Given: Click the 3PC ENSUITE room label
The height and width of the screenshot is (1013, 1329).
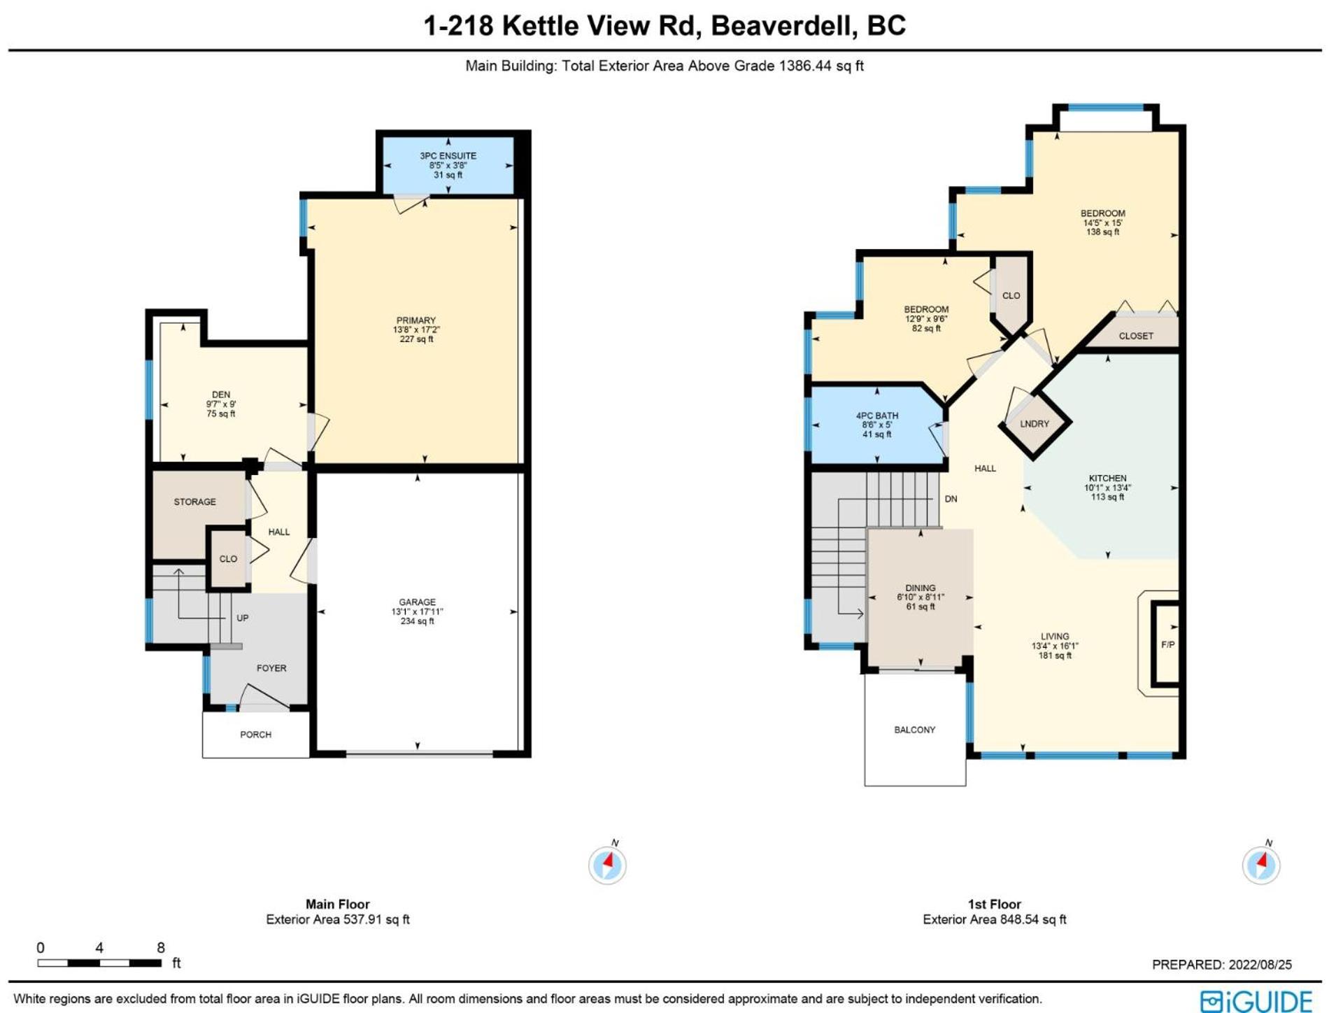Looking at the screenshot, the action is [x=448, y=156].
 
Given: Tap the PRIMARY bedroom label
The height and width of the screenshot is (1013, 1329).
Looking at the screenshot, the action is [x=416, y=320].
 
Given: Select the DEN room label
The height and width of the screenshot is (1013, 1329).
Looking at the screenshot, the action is [x=221, y=395].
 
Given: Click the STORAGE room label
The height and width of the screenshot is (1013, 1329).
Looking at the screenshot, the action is [x=194, y=502].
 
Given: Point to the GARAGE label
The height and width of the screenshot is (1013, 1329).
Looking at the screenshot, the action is [x=418, y=602].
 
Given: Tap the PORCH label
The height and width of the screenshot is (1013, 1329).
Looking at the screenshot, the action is [x=255, y=735].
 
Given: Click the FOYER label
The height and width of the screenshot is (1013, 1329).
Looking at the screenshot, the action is [x=271, y=668].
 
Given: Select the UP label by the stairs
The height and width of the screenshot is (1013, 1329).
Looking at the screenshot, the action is [x=243, y=618].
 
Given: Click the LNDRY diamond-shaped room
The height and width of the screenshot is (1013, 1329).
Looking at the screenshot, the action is [x=1035, y=424].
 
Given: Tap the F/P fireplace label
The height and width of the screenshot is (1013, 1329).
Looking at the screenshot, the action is [x=1167, y=644].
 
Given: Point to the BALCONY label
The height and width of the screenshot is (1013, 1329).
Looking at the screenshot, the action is [x=914, y=730].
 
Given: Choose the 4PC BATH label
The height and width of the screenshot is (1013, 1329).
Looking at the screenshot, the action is [x=877, y=416].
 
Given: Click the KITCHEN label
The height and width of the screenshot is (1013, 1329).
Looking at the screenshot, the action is [x=1107, y=479].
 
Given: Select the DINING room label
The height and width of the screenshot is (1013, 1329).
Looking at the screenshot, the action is [x=920, y=588].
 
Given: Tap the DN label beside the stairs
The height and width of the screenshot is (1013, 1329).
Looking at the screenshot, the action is [x=951, y=499].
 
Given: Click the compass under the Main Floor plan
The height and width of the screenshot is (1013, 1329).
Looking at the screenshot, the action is [x=607, y=865].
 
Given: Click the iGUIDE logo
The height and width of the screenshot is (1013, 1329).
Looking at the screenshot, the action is [x=1256, y=1000].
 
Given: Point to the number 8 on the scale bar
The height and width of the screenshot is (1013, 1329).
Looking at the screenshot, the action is [x=161, y=947].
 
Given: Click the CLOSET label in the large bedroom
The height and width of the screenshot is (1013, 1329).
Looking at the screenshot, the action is [x=1136, y=336].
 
